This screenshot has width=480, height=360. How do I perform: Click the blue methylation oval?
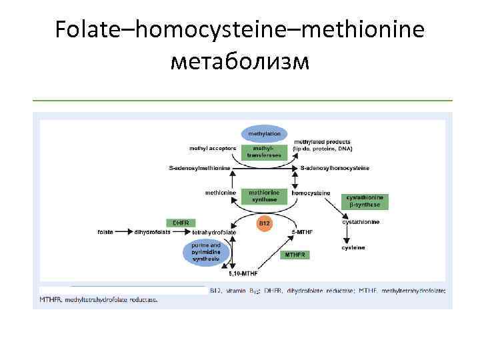pyautogui.click(x=264, y=134)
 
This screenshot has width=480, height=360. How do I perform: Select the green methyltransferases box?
pyautogui.click(x=264, y=151)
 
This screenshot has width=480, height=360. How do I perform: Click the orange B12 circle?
pyautogui.click(x=264, y=223)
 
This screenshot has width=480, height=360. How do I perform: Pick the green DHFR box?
pyautogui.click(x=180, y=223)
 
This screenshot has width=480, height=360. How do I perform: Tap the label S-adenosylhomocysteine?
pyautogui.click(x=335, y=168)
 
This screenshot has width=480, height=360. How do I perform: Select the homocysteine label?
pyautogui.click(x=311, y=193)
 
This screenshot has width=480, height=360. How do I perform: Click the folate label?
pyautogui.click(x=105, y=232)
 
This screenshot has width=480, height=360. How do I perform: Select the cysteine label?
pyautogui.click(x=353, y=248)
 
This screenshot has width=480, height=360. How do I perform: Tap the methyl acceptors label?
pyautogui.click(x=213, y=147)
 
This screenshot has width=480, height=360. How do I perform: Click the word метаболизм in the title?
pyautogui.click(x=240, y=61)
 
